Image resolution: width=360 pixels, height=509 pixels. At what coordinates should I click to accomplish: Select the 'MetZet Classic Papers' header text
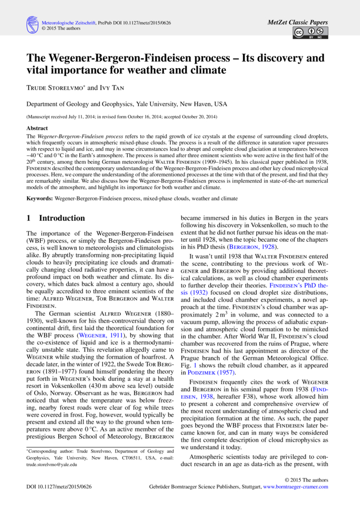click(298, 22)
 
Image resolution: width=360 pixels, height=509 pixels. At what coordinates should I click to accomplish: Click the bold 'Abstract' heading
click(37, 128)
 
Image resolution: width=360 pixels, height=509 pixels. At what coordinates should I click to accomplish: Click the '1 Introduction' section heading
click(56, 218)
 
